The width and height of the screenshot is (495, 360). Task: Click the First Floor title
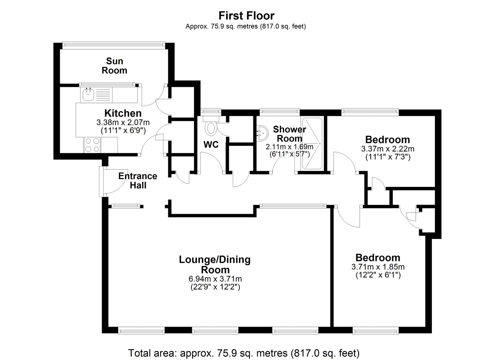click(246, 16)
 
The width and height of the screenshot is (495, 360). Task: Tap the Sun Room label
click(114, 66)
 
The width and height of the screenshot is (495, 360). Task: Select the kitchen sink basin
click(88, 95)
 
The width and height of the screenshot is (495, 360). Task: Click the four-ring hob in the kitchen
click(92, 145)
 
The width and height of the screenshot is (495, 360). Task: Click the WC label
click(211, 144)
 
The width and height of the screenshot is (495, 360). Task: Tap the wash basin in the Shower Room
click(262, 133)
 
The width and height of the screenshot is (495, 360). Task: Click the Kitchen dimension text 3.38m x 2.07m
click(123, 122)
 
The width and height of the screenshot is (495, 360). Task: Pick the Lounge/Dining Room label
click(215, 265)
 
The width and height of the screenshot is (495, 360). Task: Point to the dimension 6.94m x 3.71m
click(215, 279)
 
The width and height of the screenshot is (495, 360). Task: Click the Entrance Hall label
click(137, 181)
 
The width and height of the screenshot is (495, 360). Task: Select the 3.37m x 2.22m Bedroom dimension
click(388, 149)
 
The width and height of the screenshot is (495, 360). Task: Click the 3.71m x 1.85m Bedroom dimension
click(378, 267)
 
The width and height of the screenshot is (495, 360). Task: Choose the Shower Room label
click(290, 134)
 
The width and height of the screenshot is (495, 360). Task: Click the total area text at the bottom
click(244, 353)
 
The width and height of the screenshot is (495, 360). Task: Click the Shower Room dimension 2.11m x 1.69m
click(290, 147)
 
